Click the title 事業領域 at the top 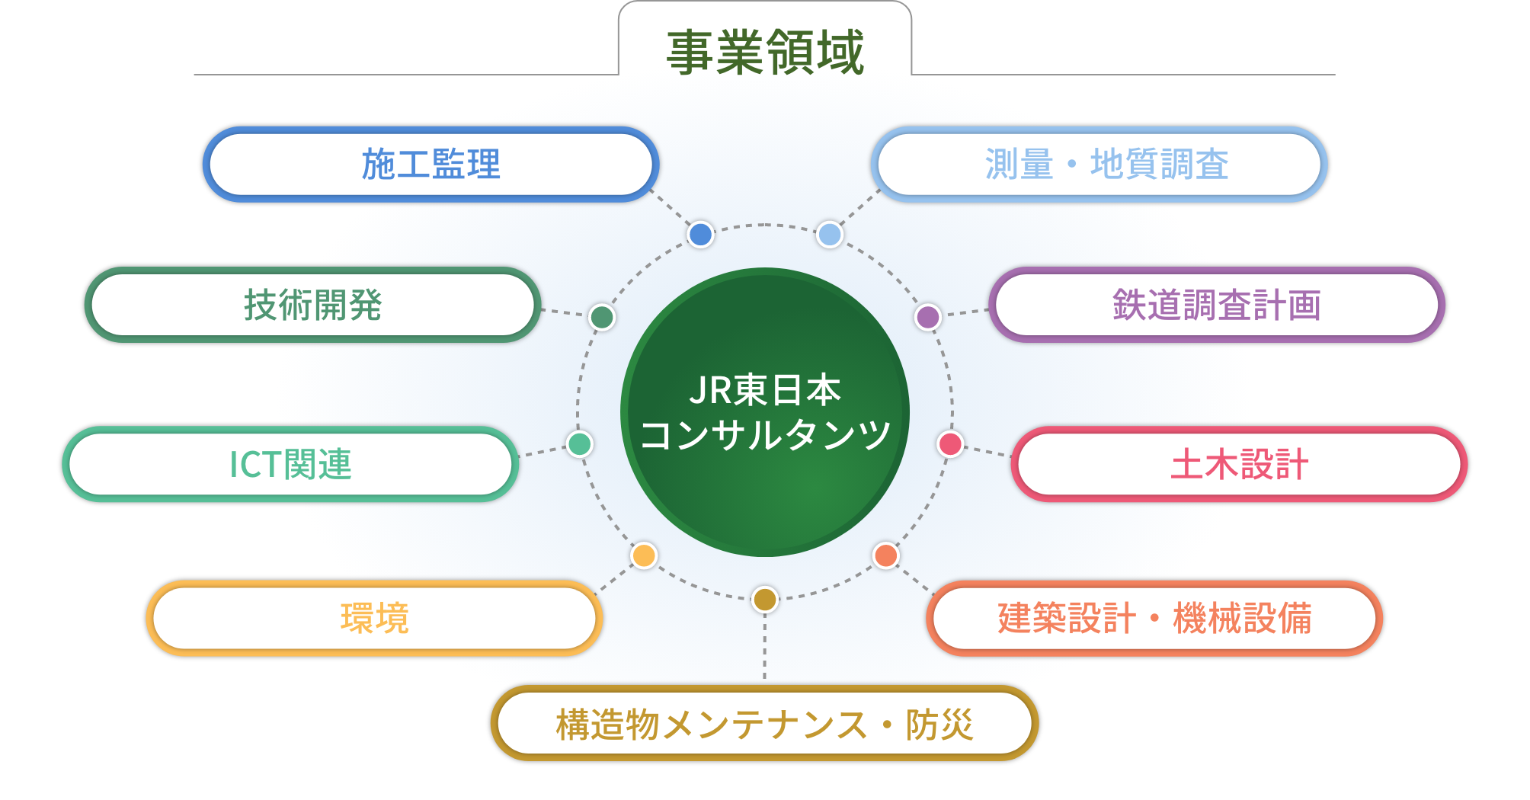pyautogui.click(x=765, y=52)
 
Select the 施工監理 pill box pyautogui.click(x=431, y=164)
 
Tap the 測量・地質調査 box pyautogui.click(x=1099, y=164)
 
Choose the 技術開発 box pyautogui.click(x=313, y=305)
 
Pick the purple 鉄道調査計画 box pyautogui.click(x=1217, y=305)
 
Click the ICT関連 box pyautogui.click(x=290, y=464)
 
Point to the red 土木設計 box pyautogui.click(x=1240, y=464)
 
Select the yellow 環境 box pyautogui.click(x=374, y=618)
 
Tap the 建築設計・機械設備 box pyautogui.click(x=1154, y=618)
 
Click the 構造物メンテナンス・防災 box pyautogui.click(x=765, y=724)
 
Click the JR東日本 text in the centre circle pyautogui.click(x=765, y=390)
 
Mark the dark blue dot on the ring pyautogui.click(x=700, y=234)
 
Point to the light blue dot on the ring pyautogui.click(x=830, y=234)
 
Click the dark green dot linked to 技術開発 pyautogui.click(x=602, y=317)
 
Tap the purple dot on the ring pyautogui.click(x=928, y=317)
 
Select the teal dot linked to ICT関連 pyautogui.click(x=580, y=443)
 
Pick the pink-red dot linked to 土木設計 pyautogui.click(x=950, y=443)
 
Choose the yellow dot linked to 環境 pyautogui.click(x=644, y=555)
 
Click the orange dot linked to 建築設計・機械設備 pyautogui.click(x=886, y=555)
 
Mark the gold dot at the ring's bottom pyautogui.click(x=765, y=600)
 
